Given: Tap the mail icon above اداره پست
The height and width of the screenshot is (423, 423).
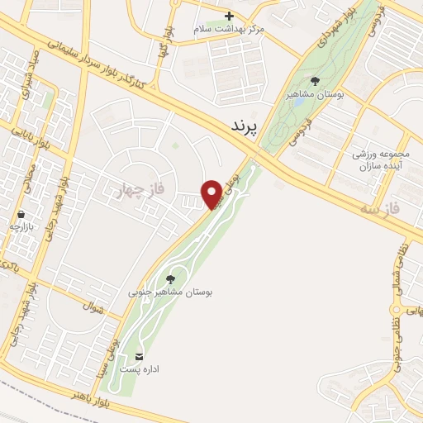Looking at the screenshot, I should (138, 356).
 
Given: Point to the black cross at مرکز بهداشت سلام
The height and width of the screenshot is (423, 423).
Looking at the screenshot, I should (230, 16).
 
